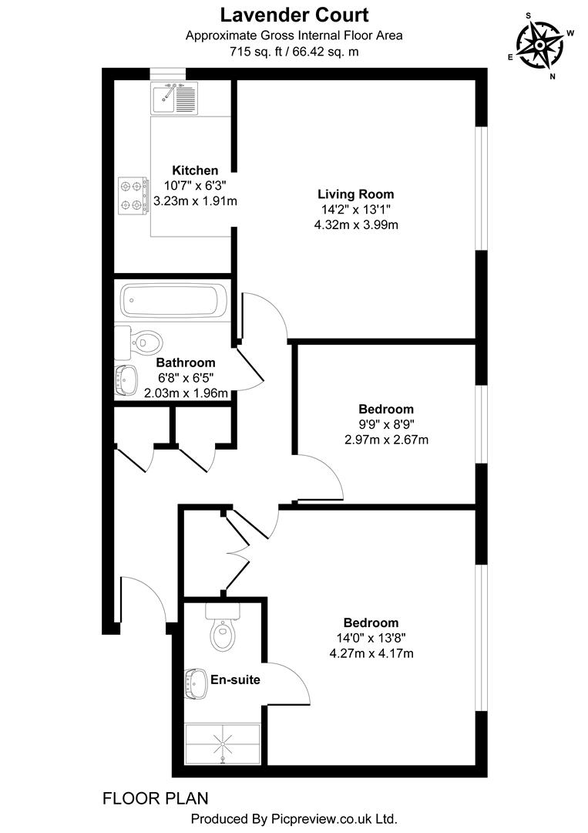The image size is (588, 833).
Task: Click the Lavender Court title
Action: click(294, 14)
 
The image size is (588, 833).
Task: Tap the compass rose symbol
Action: click(540, 45)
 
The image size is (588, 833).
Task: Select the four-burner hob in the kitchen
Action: click(133, 194)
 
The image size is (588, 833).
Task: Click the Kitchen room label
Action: click(195, 170)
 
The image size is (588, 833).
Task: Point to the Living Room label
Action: click(356, 194)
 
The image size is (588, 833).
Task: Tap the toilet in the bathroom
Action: click(143, 340)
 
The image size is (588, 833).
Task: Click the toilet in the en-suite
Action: click(223, 632)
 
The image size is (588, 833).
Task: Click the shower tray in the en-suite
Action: click(223, 744)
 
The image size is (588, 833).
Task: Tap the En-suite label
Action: click(235, 680)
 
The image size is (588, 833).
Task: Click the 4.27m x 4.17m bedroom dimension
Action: click(371, 653)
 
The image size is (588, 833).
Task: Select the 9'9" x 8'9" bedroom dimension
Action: click(385, 424)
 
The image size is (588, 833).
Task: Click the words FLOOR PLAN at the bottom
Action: click(155, 798)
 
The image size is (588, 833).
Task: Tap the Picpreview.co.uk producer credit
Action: click(294, 818)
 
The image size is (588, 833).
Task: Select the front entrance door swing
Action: click(143, 598)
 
